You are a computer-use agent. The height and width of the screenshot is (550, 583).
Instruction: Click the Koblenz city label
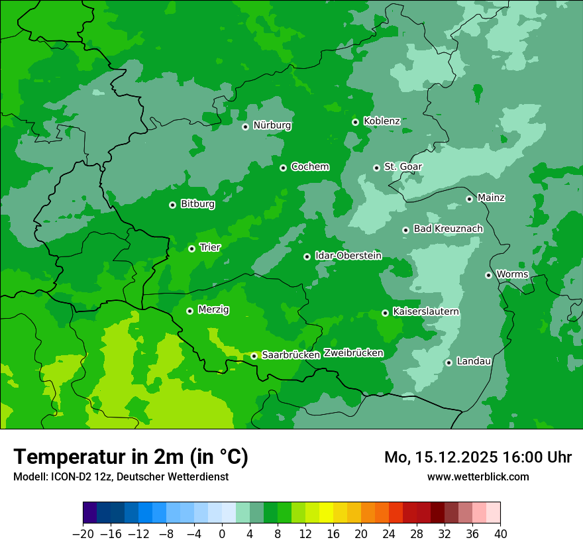coord(382,121)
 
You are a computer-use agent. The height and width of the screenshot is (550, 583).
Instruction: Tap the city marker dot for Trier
coord(191,248)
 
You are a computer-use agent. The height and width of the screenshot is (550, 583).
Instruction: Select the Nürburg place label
coord(272,125)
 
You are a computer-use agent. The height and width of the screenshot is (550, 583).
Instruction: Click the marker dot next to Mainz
coord(469,199)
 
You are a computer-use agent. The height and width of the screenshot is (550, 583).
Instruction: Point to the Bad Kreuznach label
coord(448,229)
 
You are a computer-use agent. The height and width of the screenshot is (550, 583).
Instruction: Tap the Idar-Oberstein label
coord(348,255)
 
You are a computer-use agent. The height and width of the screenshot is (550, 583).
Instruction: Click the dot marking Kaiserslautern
coord(385,313)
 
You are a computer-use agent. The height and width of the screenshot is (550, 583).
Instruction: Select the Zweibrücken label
coord(353,353)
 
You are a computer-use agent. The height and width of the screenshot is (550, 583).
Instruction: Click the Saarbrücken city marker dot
coord(254,356)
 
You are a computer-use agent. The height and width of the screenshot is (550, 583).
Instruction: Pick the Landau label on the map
coord(474,361)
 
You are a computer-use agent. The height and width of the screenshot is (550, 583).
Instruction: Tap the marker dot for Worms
coord(488,275)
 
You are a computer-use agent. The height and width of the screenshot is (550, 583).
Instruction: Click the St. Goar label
coord(403,166)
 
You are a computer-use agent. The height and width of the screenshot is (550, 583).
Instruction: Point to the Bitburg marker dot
coord(172,205)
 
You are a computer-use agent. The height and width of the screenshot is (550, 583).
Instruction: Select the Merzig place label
coord(214,309)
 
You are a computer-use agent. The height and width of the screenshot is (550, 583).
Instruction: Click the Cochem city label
coord(309,166)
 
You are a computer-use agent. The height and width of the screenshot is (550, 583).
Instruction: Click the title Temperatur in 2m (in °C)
coord(131,457)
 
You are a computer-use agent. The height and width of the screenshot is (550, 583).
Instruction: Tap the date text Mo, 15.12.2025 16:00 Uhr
coord(478,457)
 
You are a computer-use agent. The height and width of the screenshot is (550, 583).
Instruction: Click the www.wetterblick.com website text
coord(478,476)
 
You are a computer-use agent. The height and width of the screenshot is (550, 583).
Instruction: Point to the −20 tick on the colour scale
coord(83,534)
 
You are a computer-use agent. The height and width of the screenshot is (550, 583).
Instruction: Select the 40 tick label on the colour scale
coord(500,534)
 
